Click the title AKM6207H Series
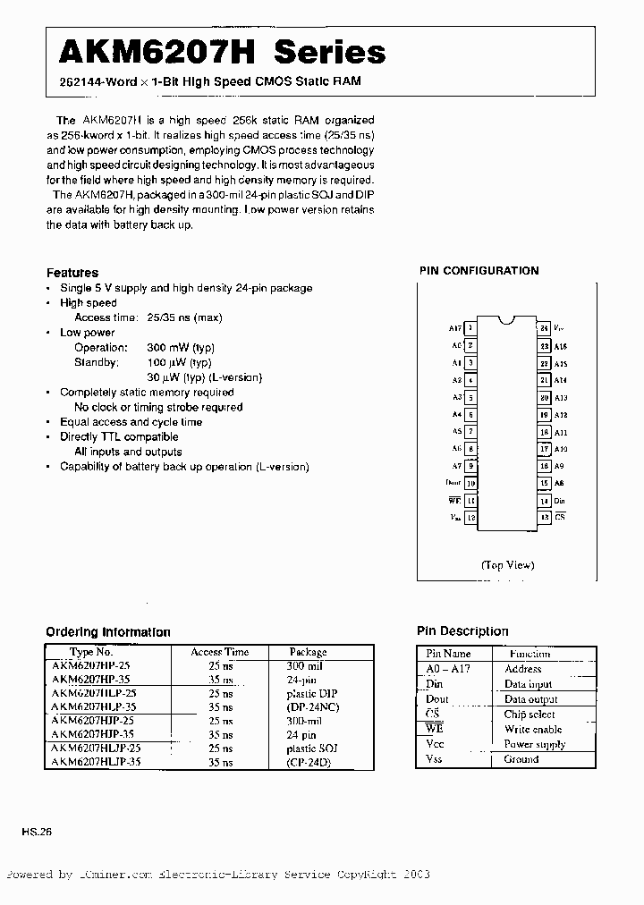coord(222,53)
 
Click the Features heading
coord(72,273)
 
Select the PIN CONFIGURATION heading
coord(479,270)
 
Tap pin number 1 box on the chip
coord(470,329)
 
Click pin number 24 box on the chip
coord(543,328)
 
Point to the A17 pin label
coord(454,329)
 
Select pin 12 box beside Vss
coord(470,518)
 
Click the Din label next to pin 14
coord(560,501)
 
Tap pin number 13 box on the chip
coord(543,518)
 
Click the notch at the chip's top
coord(507,319)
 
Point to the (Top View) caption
coord(507,564)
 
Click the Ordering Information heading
coord(107,632)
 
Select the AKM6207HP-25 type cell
coord(91,666)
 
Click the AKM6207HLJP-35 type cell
coord(96,762)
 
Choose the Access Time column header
coord(219,652)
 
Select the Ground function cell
coord(521,759)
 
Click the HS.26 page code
coord(38,832)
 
